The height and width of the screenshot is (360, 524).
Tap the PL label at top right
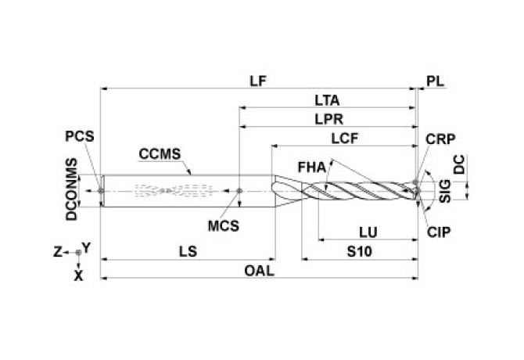(x=434, y=81)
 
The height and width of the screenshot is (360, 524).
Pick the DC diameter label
(x=461, y=164)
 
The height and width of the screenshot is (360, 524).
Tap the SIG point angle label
(x=445, y=191)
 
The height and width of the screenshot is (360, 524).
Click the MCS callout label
(x=223, y=226)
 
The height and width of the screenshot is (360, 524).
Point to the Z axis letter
(x=57, y=251)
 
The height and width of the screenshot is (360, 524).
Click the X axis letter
(x=78, y=275)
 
